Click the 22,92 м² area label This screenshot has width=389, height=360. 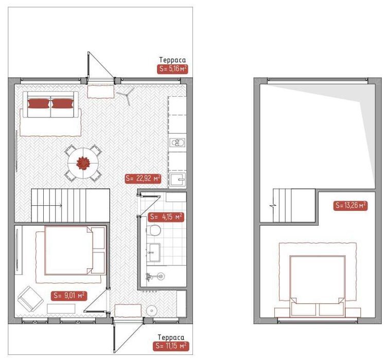[143, 178]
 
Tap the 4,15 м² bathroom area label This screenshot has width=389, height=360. [166, 217]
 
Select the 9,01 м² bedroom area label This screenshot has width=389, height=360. [69, 295]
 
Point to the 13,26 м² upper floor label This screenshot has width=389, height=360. [350, 205]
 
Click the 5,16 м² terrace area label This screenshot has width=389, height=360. [172, 69]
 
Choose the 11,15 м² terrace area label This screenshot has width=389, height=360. [171, 346]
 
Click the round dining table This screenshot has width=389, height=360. [83, 163]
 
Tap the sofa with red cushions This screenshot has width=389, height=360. [50, 104]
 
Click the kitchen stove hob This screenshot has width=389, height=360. [177, 143]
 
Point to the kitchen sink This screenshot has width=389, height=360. [178, 179]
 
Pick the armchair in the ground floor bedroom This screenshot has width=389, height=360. [30, 299]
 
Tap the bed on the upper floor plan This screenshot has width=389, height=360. [317, 286]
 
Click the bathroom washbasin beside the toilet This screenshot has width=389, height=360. [154, 253]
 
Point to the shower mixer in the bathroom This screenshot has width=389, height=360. [150, 276]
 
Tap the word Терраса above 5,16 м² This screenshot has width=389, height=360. [172, 60]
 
